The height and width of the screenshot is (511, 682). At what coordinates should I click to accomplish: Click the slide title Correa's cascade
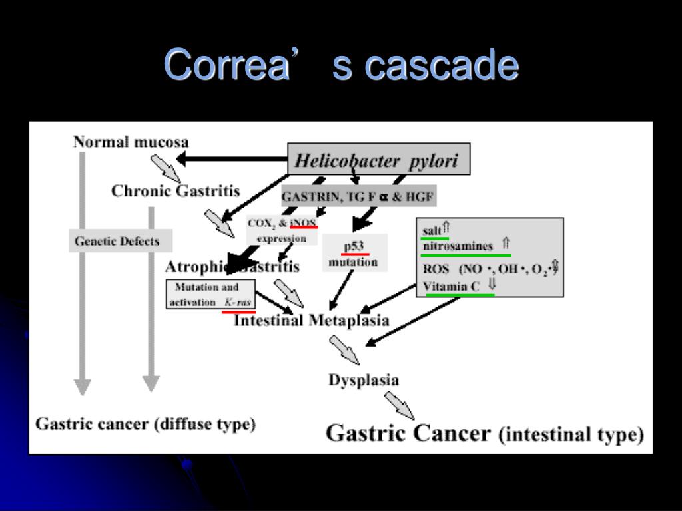coord(341,65)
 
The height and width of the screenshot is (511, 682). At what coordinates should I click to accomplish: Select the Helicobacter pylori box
coord(378,160)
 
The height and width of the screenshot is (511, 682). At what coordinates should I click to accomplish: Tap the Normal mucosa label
coord(131,142)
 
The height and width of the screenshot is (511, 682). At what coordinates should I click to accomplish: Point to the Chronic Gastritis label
coord(175,191)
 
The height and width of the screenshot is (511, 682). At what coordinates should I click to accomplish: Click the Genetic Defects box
coord(121,241)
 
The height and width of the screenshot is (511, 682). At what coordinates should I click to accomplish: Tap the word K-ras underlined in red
coord(238,303)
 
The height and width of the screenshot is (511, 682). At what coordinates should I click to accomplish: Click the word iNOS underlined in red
coord(304,222)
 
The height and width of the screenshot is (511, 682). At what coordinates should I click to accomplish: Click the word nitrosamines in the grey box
coord(458,246)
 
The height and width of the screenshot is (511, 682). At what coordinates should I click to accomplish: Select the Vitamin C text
coord(451,287)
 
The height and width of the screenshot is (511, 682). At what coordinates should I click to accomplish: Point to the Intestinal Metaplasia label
coord(312,321)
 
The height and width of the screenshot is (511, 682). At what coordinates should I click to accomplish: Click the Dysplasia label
coord(364,380)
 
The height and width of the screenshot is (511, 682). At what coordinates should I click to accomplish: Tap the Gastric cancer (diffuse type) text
coord(145,424)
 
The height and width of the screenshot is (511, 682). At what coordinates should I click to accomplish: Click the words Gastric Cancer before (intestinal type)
coord(408,433)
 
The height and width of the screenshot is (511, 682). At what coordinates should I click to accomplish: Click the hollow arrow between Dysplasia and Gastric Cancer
coord(398,405)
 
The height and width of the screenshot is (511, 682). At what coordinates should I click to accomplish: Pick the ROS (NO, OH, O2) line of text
coord(490,269)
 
